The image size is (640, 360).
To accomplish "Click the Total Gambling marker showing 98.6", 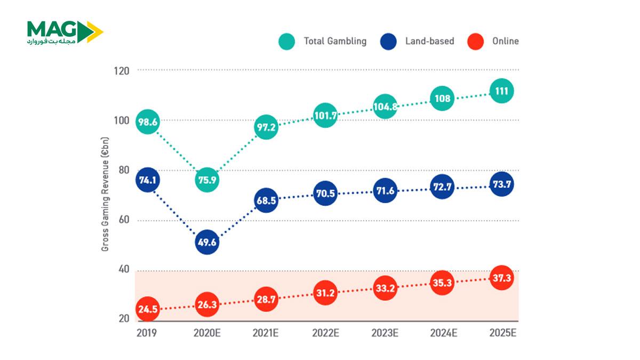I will point(148,122).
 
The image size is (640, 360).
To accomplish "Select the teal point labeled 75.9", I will point(207,180).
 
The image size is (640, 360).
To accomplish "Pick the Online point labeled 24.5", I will point(148,309).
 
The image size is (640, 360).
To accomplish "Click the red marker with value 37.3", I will point(501,278).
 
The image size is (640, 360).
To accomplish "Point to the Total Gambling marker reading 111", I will point(501,91).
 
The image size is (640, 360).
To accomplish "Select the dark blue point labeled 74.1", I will point(148,180).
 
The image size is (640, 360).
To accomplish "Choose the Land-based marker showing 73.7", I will point(501,185).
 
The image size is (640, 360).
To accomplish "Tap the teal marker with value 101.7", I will point(325,115).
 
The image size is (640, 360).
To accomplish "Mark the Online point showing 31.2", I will point(325,293).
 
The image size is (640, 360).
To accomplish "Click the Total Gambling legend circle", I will point(287,42).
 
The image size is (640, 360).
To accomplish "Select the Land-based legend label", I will point(430,41).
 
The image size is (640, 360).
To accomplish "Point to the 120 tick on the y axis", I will point(123,70).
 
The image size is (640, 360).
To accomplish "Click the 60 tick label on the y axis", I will point(124,220).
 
